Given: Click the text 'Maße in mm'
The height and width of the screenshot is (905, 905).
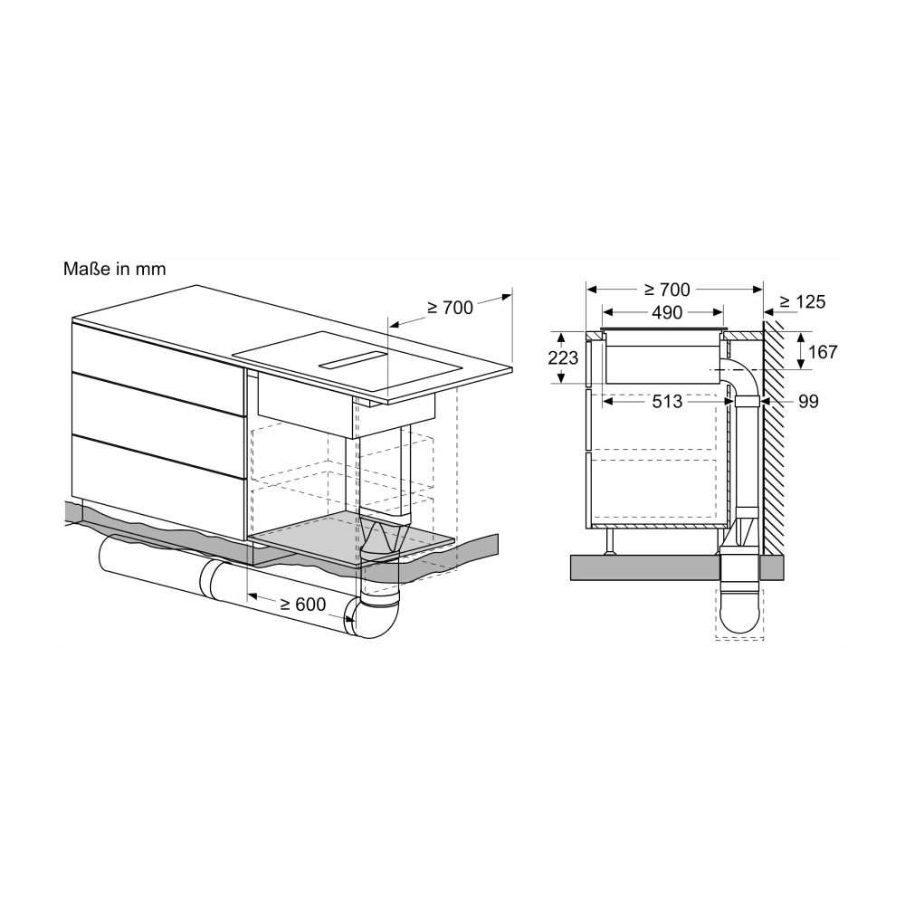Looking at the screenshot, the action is pos(114,269).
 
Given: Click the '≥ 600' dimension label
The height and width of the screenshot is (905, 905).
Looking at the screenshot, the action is pos(303,605).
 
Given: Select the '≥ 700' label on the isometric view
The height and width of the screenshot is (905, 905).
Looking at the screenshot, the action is pos(450,309).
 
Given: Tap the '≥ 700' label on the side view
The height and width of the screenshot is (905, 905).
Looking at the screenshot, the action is pos(667,290).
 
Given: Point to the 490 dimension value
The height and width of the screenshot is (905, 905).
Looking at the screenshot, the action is pos(667,312).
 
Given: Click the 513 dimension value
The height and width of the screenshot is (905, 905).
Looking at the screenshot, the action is pos(667,401).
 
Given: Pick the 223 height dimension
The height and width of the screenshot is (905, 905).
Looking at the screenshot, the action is pos(563,357).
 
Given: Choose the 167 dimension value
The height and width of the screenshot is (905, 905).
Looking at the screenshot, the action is pos(823,351).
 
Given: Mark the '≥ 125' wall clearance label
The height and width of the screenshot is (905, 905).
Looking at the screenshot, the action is pos(802,301).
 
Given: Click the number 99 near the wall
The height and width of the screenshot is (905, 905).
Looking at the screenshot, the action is pos(808,401).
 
